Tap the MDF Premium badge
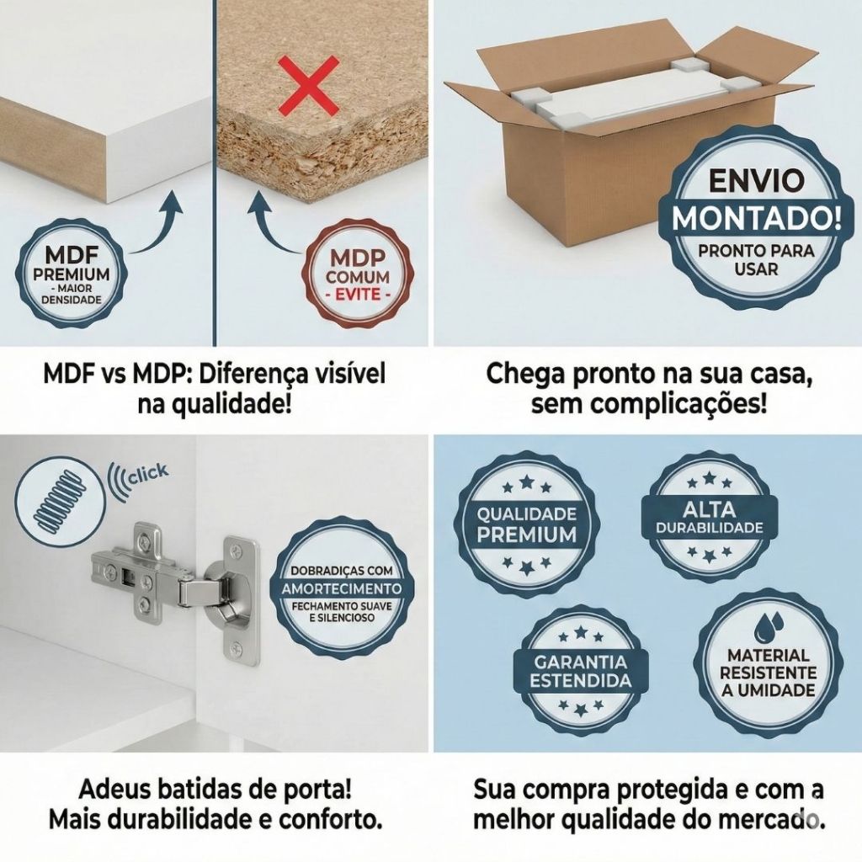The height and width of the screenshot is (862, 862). (x=74, y=274)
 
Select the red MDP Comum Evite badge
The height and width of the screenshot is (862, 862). (x=357, y=273)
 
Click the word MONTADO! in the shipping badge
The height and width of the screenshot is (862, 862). (x=757, y=218)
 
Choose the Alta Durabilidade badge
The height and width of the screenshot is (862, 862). (x=709, y=518)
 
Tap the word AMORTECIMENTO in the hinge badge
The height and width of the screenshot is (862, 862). (x=342, y=588)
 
